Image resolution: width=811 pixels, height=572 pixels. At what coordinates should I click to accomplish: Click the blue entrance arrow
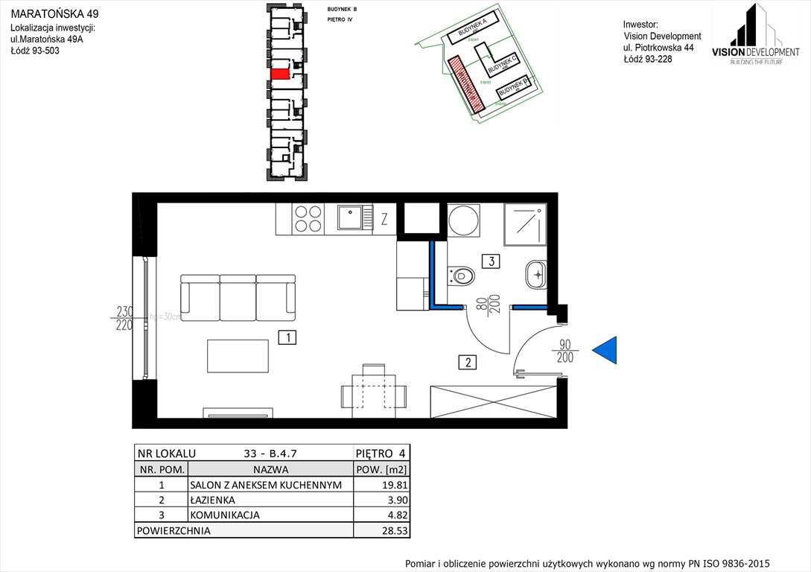click(606, 350)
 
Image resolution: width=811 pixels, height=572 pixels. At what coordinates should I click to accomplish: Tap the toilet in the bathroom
click(462, 276)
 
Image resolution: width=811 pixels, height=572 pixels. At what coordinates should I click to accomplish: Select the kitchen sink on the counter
click(349, 217)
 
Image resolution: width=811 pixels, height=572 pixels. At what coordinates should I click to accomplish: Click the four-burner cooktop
click(308, 218)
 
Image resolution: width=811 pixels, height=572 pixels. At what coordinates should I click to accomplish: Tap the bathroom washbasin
click(535, 275)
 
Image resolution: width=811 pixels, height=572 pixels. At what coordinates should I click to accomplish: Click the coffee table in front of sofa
click(238, 356)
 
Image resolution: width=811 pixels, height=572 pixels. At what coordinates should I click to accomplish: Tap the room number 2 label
click(467, 363)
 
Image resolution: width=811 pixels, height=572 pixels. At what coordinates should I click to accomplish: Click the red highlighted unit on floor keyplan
click(280, 74)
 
